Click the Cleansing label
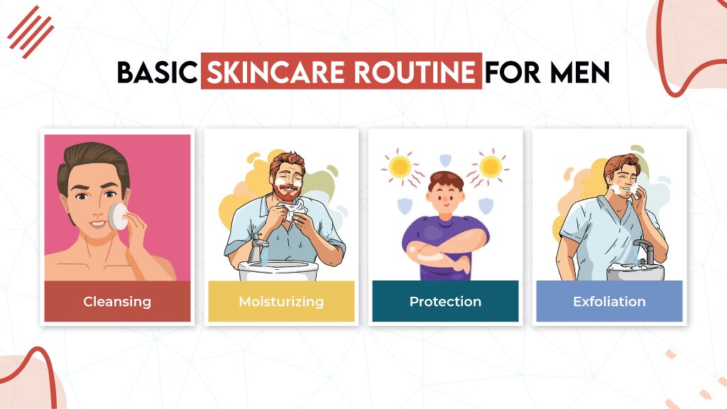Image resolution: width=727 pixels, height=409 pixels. point(117,302)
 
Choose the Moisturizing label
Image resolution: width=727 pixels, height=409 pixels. point(281,302)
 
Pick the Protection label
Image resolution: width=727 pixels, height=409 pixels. point(445,302)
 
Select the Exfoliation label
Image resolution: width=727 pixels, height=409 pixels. point(609,302)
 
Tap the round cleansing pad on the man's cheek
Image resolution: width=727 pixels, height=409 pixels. point(118,217)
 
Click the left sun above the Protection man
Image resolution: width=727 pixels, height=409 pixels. point(400,168)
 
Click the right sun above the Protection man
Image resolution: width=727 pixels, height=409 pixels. point(490,166)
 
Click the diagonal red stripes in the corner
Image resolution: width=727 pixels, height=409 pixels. point(31,31)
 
